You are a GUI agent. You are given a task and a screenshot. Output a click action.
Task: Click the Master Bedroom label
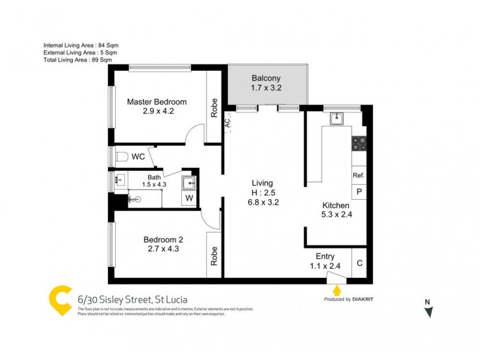[157, 101]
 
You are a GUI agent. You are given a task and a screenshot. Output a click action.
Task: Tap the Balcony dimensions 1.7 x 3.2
[266, 88]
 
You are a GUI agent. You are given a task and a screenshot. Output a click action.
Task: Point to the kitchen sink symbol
[337, 119]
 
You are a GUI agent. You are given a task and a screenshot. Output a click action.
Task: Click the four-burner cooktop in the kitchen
[359, 143]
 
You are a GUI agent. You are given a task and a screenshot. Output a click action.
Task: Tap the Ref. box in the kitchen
[359, 175]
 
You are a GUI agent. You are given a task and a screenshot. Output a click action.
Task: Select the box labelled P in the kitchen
[359, 192]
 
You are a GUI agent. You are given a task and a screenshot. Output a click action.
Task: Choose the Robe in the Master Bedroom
[214, 108]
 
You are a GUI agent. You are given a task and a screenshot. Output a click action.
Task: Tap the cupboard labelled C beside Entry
[359, 262]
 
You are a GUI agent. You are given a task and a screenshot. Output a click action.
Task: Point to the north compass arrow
[428, 311]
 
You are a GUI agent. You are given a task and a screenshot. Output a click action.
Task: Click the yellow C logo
[60, 301]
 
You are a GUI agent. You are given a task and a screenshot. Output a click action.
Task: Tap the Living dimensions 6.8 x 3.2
[262, 202]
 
